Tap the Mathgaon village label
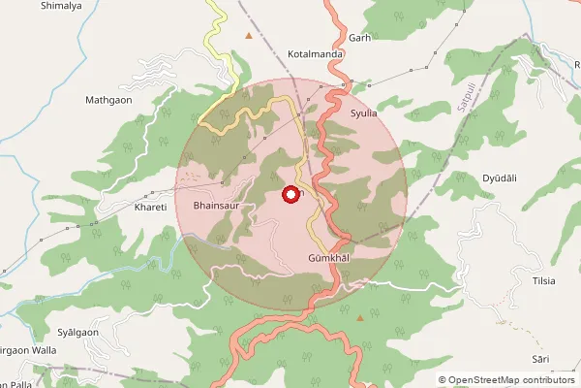point(107,100)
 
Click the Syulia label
point(363,113)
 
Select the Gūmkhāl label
point(327,259)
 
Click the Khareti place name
point(151,208)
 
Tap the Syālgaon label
point(78,332)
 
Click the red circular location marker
point(290,194)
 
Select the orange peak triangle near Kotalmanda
point(250,36)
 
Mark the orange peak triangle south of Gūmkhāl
point(361,317)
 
